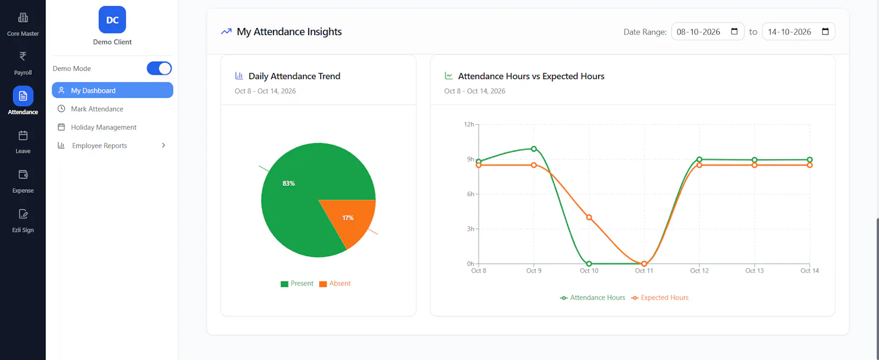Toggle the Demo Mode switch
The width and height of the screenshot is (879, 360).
(x=159, y=68)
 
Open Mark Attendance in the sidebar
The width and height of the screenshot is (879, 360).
(x=97, y=109)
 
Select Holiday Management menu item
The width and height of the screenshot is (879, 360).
(x=104, y=127)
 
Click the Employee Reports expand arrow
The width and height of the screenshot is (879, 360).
(x=164, y=145)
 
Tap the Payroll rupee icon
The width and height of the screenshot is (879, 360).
(x=23, y=57)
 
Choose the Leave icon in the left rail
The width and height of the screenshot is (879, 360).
(x=23, y=135)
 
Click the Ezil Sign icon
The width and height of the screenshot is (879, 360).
(x=23, y=214)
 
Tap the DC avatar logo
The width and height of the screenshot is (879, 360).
(x=112, y=20)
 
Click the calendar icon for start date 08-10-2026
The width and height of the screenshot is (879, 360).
(x=734, y=31)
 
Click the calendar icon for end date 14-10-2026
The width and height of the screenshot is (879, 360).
(x=825, y=31)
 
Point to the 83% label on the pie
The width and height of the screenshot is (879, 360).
(x=288, y=184)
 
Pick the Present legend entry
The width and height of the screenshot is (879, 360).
(x=297, y=284)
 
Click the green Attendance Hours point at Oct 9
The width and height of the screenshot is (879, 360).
(x=533, y=149)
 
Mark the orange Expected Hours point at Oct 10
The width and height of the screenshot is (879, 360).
(x=589, y=217)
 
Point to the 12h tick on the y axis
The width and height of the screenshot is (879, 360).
(x=469, y=124)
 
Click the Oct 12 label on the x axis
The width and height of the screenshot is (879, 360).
(x=699, y=270)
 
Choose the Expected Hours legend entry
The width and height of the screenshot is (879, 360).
(x=660, y=297)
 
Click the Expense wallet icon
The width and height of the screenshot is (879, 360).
(x=23, y=174)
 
